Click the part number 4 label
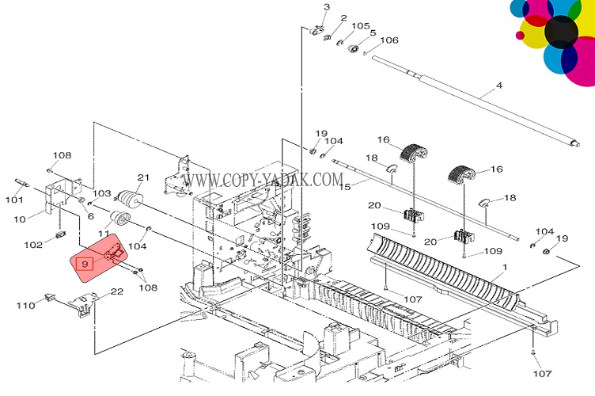pyautogui.click(x=499, y=85)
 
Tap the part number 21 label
pyautogui.click(x=143, y=177)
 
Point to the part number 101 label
pyautogui.click(x=15, y=200)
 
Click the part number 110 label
pyautogui.click(x=25, y=304)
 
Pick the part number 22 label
pyautogui.click(x=116, y=292)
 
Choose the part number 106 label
pyautogui.click(x=389, y=40)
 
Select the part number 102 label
pyautogui.click(x=32, y=245)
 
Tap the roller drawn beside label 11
pyautogui.click(x=120, y=220)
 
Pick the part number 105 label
pyautogui.click(x=361, y=25)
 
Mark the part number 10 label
pyautogui.click(x=20, y=218)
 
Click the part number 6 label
pyautogui.click(x=90, y=215)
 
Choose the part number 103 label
pyautogui.click(x=103, y=193)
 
